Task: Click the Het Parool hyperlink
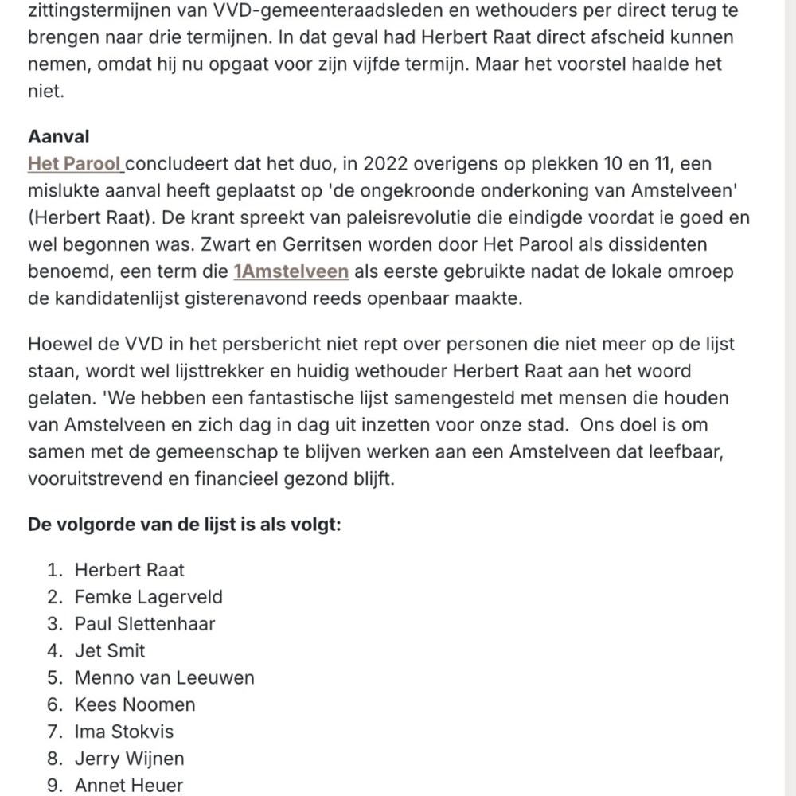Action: click(x=74, y=164)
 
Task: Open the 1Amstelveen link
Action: click(x=291, y=271)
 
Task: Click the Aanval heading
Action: click(x=59, y=137)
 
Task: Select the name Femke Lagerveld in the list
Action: click(x=148, y=597)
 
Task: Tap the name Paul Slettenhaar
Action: click(x=145, y=624)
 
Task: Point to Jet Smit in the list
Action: click(x=110, y=651)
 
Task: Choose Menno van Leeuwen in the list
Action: click(x=164, y=678)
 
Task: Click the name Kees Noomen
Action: click(x=135, y=705)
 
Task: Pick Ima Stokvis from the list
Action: click(x=123, y=732)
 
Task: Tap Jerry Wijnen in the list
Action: click(x=129, y=759)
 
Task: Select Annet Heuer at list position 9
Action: click(x=128, y=786)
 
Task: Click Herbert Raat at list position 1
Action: click(x=129, y=570)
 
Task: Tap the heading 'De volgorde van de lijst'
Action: click(x=185, y=525)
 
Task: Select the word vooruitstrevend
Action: click(x=100, y=479)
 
